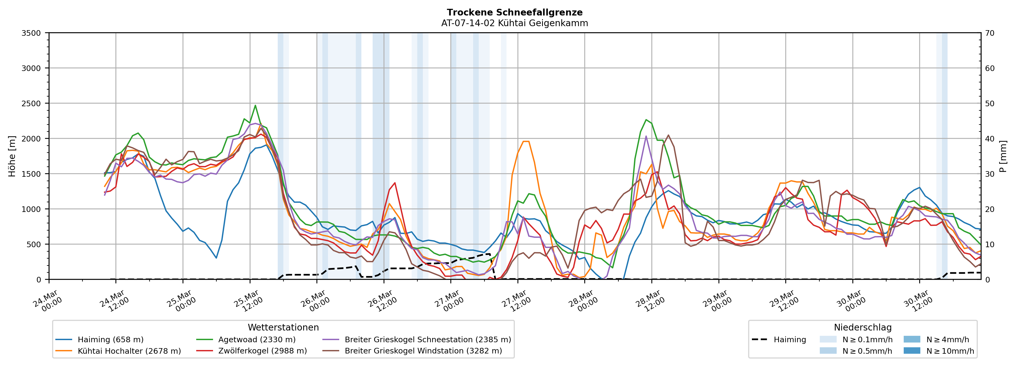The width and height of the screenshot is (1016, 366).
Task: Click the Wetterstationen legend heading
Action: [x=283, y=327]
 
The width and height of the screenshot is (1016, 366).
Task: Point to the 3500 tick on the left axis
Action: [x=31, y=33]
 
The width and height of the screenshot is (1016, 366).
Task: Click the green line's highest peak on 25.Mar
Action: [x=255, y=105]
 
